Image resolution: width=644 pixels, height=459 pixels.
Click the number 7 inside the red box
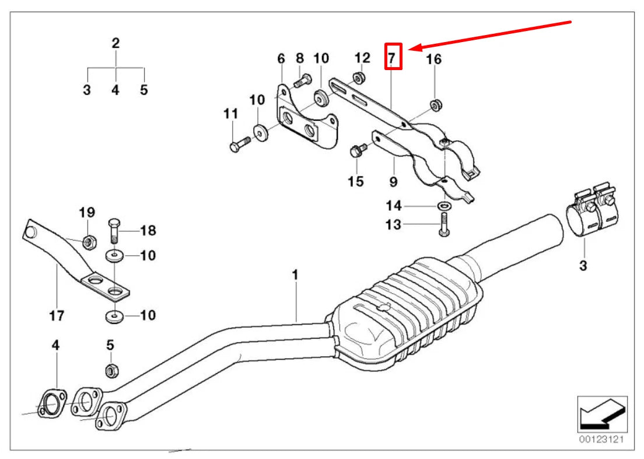tap(393, 57)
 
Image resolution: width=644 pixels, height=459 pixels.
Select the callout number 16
tap(433, 59)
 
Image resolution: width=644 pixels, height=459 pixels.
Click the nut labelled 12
tap(360, 78)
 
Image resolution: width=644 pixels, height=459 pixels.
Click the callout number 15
tap(356, 182)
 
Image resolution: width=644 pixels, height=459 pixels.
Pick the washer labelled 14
tap(443, 206)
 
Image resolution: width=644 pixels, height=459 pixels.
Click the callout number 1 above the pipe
tap(295, 274)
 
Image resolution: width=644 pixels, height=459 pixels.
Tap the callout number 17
tap(56, 316)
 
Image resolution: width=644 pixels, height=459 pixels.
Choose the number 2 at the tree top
tap(116, 43)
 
